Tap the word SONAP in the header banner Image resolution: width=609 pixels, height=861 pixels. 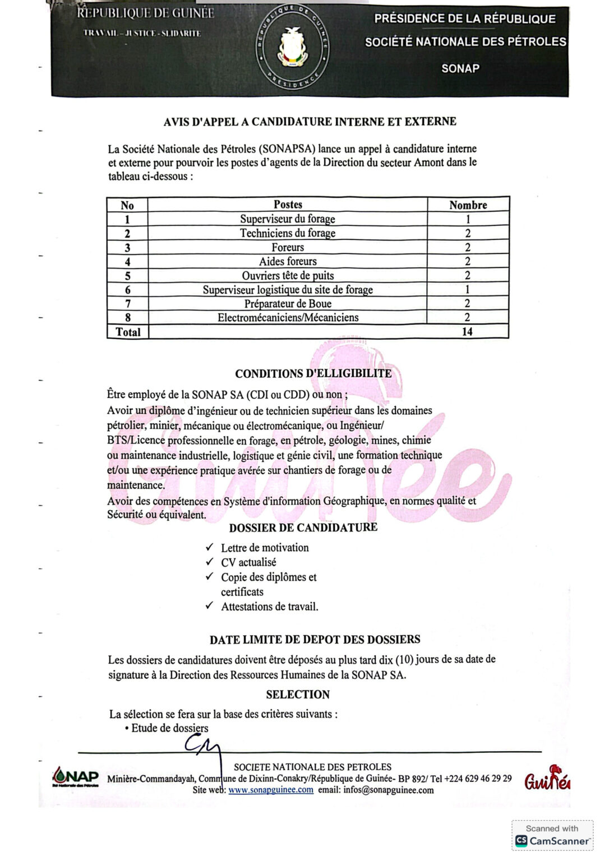tap(460, 68)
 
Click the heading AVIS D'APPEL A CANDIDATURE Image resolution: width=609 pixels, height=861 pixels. tap(310, 122)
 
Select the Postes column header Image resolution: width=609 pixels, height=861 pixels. tap(288, 205)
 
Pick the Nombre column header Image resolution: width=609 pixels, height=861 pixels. tap(468, 205)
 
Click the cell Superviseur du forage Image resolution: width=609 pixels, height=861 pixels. tap(288, 219)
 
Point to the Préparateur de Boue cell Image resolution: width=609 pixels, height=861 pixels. tap(288, 304)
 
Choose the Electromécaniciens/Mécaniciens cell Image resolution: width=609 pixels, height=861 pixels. tap(288, 318)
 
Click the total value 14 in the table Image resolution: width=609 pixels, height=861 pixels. tap(467, 332)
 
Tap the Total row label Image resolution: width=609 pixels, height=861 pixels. tap(128, 332)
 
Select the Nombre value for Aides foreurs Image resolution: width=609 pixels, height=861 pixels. tap(468, 261)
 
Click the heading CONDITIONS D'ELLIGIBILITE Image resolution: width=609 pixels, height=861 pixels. tap(313, 374)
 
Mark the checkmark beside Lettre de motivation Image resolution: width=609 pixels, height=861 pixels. tap(210, 547)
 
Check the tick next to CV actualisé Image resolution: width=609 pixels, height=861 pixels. tap(210, 562)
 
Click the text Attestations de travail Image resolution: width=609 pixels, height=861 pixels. tap(269, 607)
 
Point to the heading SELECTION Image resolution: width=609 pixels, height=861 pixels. tap(298, 695)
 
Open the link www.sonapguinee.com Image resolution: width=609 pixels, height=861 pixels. tap(271, 790)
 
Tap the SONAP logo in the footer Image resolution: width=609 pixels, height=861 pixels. tap(75, 776)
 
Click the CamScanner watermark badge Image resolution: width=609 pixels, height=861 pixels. tap(552, 835)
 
